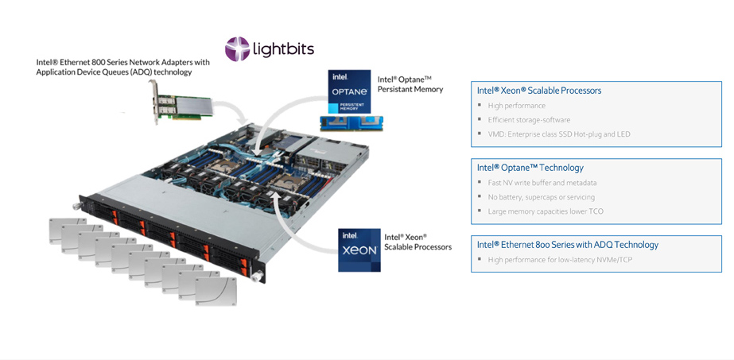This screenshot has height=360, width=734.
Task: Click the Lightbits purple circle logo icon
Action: pyautogui.click(x=237, y=49)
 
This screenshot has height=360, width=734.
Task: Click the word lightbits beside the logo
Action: pyautogui.click(x=283, y=49)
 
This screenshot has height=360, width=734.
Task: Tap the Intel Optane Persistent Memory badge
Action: pyautogui.click(x=349, y=91)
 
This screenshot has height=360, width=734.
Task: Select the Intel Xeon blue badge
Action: pyautogui.click(x=359, y=250)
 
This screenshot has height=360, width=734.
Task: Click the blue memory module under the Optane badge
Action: pyautogui.click(x=351, y=123)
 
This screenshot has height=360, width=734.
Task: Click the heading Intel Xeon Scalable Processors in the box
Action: pyautogui.click(x=539, y=91)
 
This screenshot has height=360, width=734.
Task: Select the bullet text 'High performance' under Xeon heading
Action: pyautogui.click(x=516, y=106)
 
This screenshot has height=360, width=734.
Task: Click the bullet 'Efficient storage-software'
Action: pyautogui.click(x=529, y=120)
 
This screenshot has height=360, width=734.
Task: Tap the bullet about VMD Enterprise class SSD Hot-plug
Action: pyautogui.click(x=558, y=134)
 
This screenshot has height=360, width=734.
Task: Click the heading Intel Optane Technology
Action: pyautogui.click(x=530, y=168)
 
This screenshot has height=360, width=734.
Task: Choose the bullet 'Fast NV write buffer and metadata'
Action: pyautogui.click(x=542, y=183)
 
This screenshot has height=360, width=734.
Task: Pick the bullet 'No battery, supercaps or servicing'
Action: pyautogui.click(x=541, y=197)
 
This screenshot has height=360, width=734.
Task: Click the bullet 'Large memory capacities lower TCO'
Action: pyautogui.click(x=546, y=211)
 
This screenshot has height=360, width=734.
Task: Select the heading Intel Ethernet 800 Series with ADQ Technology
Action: pyautogui.click(x=567, y=245)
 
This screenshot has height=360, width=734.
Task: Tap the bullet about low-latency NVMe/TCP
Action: pyautogui.click(x=560, y=260)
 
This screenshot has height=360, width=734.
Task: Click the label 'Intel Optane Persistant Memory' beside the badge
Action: pyautogui.click(x=409, y=84)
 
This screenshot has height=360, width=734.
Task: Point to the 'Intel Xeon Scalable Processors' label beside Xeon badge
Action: pyautogui.click(x=417, y=242)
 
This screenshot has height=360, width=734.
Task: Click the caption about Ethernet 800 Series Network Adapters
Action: pyautogui.click(x=122, y=67)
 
